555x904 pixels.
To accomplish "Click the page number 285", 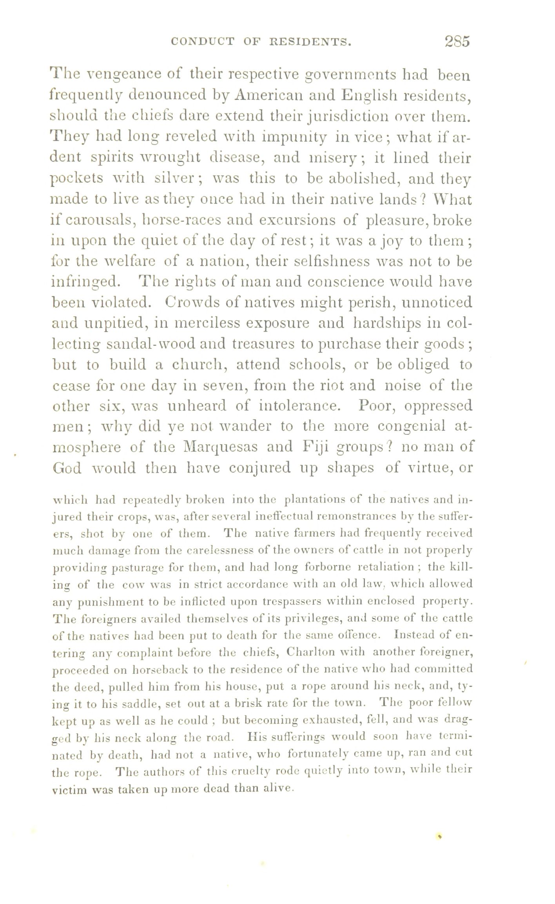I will [457, 41].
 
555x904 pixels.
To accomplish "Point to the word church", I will [199, 365].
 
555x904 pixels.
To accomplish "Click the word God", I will [67, 468].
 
